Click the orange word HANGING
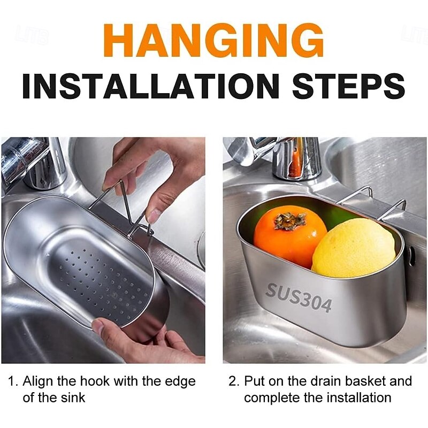[213, 41]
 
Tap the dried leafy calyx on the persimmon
[290, 220]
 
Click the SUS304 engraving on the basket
[299, 298]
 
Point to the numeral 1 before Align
[11, 381]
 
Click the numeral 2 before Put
[233, 381]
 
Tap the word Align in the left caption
[39, 381]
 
